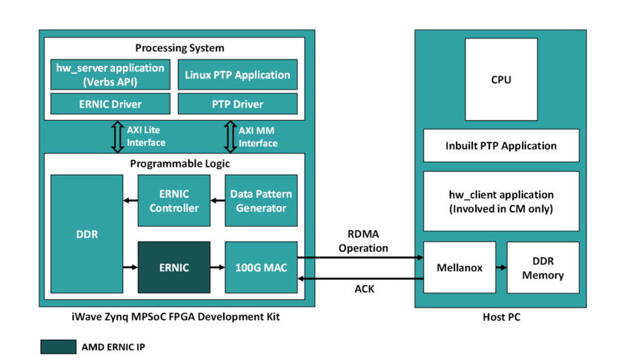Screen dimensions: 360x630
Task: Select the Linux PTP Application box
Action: [237, 75]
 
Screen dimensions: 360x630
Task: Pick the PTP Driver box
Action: [237, 103]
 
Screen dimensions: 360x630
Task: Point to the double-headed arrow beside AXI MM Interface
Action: [228, 136]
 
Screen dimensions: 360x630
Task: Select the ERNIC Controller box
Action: [174, 201]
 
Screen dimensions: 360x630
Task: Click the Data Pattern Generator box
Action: [261, 201]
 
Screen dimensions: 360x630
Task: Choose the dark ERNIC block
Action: [174, 267]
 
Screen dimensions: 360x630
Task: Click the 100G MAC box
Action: [261, 267]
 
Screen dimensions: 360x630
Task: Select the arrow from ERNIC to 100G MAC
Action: [217, 267]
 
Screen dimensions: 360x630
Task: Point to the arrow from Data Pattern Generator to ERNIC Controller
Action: [217, 201]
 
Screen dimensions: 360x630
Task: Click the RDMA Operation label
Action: [363, 241]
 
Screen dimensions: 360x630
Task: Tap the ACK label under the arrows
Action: [363, 289]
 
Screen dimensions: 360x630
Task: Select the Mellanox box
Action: [458, 267]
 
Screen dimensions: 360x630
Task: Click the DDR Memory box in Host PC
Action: [543, 267]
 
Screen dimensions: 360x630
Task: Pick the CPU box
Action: [501, 79]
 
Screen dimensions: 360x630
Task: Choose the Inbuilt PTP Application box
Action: [501, 146]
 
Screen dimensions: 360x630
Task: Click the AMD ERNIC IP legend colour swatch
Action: [58, 347]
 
